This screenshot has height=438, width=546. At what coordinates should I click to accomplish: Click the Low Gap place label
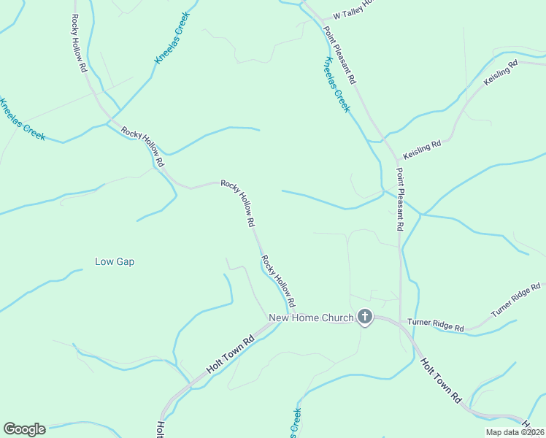point(115,261)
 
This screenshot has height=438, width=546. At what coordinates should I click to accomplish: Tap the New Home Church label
point(311,318)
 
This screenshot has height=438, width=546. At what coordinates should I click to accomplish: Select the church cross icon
point(365,318)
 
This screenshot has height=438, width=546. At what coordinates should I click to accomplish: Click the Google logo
point(24,429)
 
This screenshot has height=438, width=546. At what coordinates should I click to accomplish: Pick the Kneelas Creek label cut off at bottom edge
point(295,424)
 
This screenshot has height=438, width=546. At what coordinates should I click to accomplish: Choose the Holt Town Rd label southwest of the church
point(229,356)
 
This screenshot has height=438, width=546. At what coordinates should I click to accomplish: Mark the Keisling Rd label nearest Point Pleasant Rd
point(423,145)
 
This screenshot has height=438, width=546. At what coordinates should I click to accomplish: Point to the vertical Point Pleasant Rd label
point(400,199)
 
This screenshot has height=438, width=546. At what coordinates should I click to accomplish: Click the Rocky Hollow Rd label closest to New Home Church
point(278,281)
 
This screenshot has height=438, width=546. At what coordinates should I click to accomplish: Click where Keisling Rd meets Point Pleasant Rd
point(399,158)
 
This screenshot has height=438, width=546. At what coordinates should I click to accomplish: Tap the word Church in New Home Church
point(337,318)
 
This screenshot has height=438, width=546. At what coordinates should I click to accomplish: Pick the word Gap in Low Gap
point(126,261)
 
